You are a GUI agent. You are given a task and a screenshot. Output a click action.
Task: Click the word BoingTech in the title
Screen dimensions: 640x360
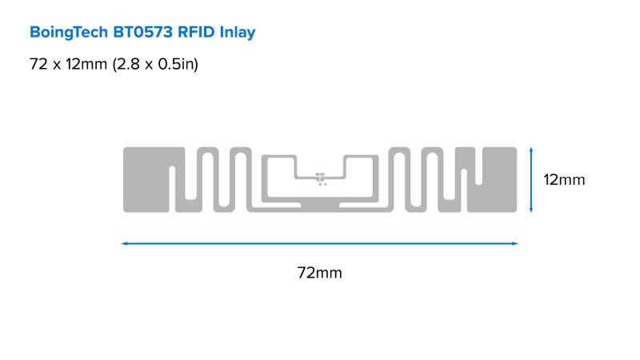tap(69, 32)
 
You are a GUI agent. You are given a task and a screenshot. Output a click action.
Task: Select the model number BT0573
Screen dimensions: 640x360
tap(143, 32)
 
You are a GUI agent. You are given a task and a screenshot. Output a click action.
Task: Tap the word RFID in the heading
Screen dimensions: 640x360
tap(196, 32)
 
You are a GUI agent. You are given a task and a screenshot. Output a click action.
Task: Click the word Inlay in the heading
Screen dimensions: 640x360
tap(238, 32)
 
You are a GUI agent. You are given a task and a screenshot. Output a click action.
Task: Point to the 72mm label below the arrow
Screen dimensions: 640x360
tap(319, 273)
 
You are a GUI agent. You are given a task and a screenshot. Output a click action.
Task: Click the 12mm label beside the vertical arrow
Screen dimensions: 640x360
tap(564, 179)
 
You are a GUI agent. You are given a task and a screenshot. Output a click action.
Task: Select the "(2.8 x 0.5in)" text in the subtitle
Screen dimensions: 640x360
tap(155, 64)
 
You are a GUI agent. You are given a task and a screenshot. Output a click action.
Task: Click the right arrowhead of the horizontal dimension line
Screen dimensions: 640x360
tap(515, 244)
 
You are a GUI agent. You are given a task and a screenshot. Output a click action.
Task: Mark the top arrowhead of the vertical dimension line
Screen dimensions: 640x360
tap(531, 150)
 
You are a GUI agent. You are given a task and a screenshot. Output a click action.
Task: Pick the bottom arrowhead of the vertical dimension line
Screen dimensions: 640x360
tap(531, 210)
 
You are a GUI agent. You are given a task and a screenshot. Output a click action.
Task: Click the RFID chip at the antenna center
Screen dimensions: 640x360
tap(320, 177)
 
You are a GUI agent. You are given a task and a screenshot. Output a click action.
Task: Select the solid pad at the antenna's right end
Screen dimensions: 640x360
tap(492, 179)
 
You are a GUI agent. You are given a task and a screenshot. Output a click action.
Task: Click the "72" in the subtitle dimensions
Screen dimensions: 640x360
tap(38, 64)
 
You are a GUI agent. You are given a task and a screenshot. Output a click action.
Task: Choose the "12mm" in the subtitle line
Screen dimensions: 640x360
tap(86, 64)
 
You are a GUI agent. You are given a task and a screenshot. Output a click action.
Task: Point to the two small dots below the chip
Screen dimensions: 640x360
tap(322, 185)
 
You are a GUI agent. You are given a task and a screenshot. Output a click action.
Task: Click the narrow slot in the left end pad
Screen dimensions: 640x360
tap(172, 189)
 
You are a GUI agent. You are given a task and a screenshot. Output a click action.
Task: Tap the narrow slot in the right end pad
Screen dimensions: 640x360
tap(478, 166)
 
